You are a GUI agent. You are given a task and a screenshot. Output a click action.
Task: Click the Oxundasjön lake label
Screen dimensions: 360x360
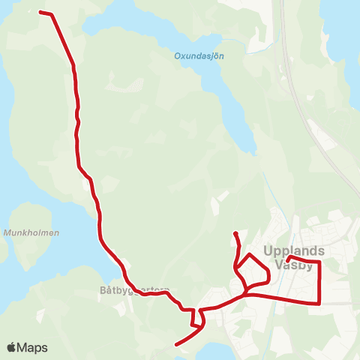[x=199, y=55]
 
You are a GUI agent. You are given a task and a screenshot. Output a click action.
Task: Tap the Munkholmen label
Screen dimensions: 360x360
[x=31, y=233]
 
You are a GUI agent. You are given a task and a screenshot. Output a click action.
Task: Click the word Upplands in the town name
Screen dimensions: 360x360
[x=294, y=251]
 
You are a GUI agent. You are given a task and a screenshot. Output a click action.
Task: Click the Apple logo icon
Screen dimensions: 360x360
[x=12, y=347]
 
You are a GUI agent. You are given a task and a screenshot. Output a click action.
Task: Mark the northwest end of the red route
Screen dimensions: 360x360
[x=40, y=12]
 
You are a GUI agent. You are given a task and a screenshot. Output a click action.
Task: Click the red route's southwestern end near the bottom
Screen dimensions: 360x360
[x=176, y=345]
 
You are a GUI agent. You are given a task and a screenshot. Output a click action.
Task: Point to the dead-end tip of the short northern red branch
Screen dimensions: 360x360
[x=235, y=233]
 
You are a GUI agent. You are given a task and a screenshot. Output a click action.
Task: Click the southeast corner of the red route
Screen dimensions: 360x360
[x=320, y=303]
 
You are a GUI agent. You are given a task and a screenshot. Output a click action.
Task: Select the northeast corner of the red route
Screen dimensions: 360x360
[x=320, y=262]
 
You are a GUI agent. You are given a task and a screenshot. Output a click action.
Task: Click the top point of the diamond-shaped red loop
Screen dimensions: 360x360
[x=250, y=255]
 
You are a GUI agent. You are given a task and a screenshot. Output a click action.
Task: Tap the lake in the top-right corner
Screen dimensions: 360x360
[x=341, y=30]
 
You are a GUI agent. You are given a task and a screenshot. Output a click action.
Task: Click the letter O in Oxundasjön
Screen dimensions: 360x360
[x=178, y=55]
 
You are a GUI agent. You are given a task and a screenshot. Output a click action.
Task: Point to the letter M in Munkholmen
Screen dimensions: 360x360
[x=7, y=233]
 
